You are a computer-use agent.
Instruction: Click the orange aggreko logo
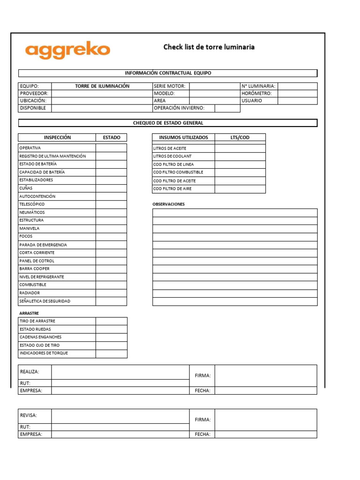67,50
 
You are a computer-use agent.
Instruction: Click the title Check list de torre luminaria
209,47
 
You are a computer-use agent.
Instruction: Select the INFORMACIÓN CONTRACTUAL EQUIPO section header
167,73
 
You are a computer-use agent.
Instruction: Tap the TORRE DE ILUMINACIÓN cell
102,86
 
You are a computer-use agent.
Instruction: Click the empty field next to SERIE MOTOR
214,86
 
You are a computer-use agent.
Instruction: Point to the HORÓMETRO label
256,93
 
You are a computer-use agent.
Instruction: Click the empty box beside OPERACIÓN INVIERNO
227,108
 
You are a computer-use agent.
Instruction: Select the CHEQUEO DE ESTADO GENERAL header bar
167,123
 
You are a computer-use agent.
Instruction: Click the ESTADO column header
111,137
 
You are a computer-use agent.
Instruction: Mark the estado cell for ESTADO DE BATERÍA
111,164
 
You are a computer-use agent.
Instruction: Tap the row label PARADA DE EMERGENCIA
43,245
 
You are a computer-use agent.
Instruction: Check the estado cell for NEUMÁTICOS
111,212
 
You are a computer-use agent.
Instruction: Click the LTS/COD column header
240,137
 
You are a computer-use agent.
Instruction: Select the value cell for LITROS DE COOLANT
240,156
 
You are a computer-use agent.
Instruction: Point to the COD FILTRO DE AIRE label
172,189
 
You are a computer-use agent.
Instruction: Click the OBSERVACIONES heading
169,204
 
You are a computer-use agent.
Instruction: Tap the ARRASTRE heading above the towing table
29,313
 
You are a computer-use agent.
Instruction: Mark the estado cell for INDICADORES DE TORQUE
111,353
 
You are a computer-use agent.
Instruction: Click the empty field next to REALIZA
120,372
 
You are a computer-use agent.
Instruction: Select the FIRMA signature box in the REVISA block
265,420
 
